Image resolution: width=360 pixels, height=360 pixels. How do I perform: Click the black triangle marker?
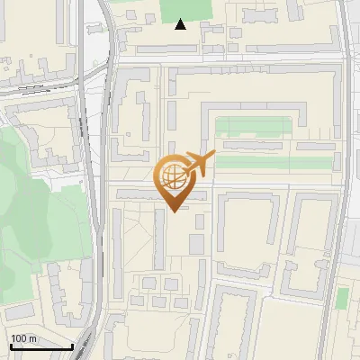[181, 24]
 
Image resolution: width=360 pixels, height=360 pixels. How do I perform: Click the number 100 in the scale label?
[18, 338]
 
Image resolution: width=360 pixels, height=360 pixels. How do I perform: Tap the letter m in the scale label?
[32, 338]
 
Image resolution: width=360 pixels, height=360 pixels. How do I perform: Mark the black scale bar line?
[40, 346]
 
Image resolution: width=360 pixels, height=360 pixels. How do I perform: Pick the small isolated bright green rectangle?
[342, 298]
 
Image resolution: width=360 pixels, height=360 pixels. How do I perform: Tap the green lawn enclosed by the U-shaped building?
[253, 125]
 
